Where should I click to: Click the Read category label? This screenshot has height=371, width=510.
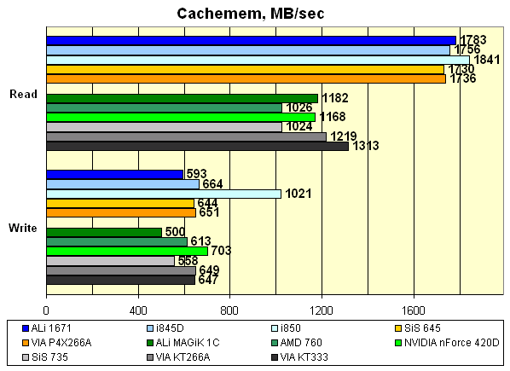tap(23, 94)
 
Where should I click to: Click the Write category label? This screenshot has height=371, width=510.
tap(23, 228)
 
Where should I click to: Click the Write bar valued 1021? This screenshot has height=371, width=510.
tap(163, 194)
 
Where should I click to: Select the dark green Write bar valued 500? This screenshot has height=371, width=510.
tap(103, 232)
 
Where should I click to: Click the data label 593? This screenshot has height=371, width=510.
tap(197, 175)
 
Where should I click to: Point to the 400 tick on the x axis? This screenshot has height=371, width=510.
tap(137, 310)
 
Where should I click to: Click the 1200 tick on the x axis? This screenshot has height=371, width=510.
tap(322, 310)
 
